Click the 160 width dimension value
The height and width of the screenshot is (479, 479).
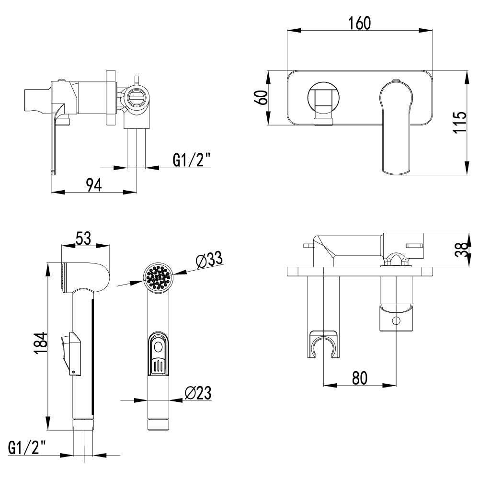pos(359,23)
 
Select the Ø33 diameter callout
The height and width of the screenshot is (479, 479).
pos(208,261)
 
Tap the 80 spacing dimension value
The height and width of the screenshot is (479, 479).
pos(359,377)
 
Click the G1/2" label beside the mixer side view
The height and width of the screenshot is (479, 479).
pos(191,160)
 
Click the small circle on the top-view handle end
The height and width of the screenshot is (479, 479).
pos(396,321)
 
